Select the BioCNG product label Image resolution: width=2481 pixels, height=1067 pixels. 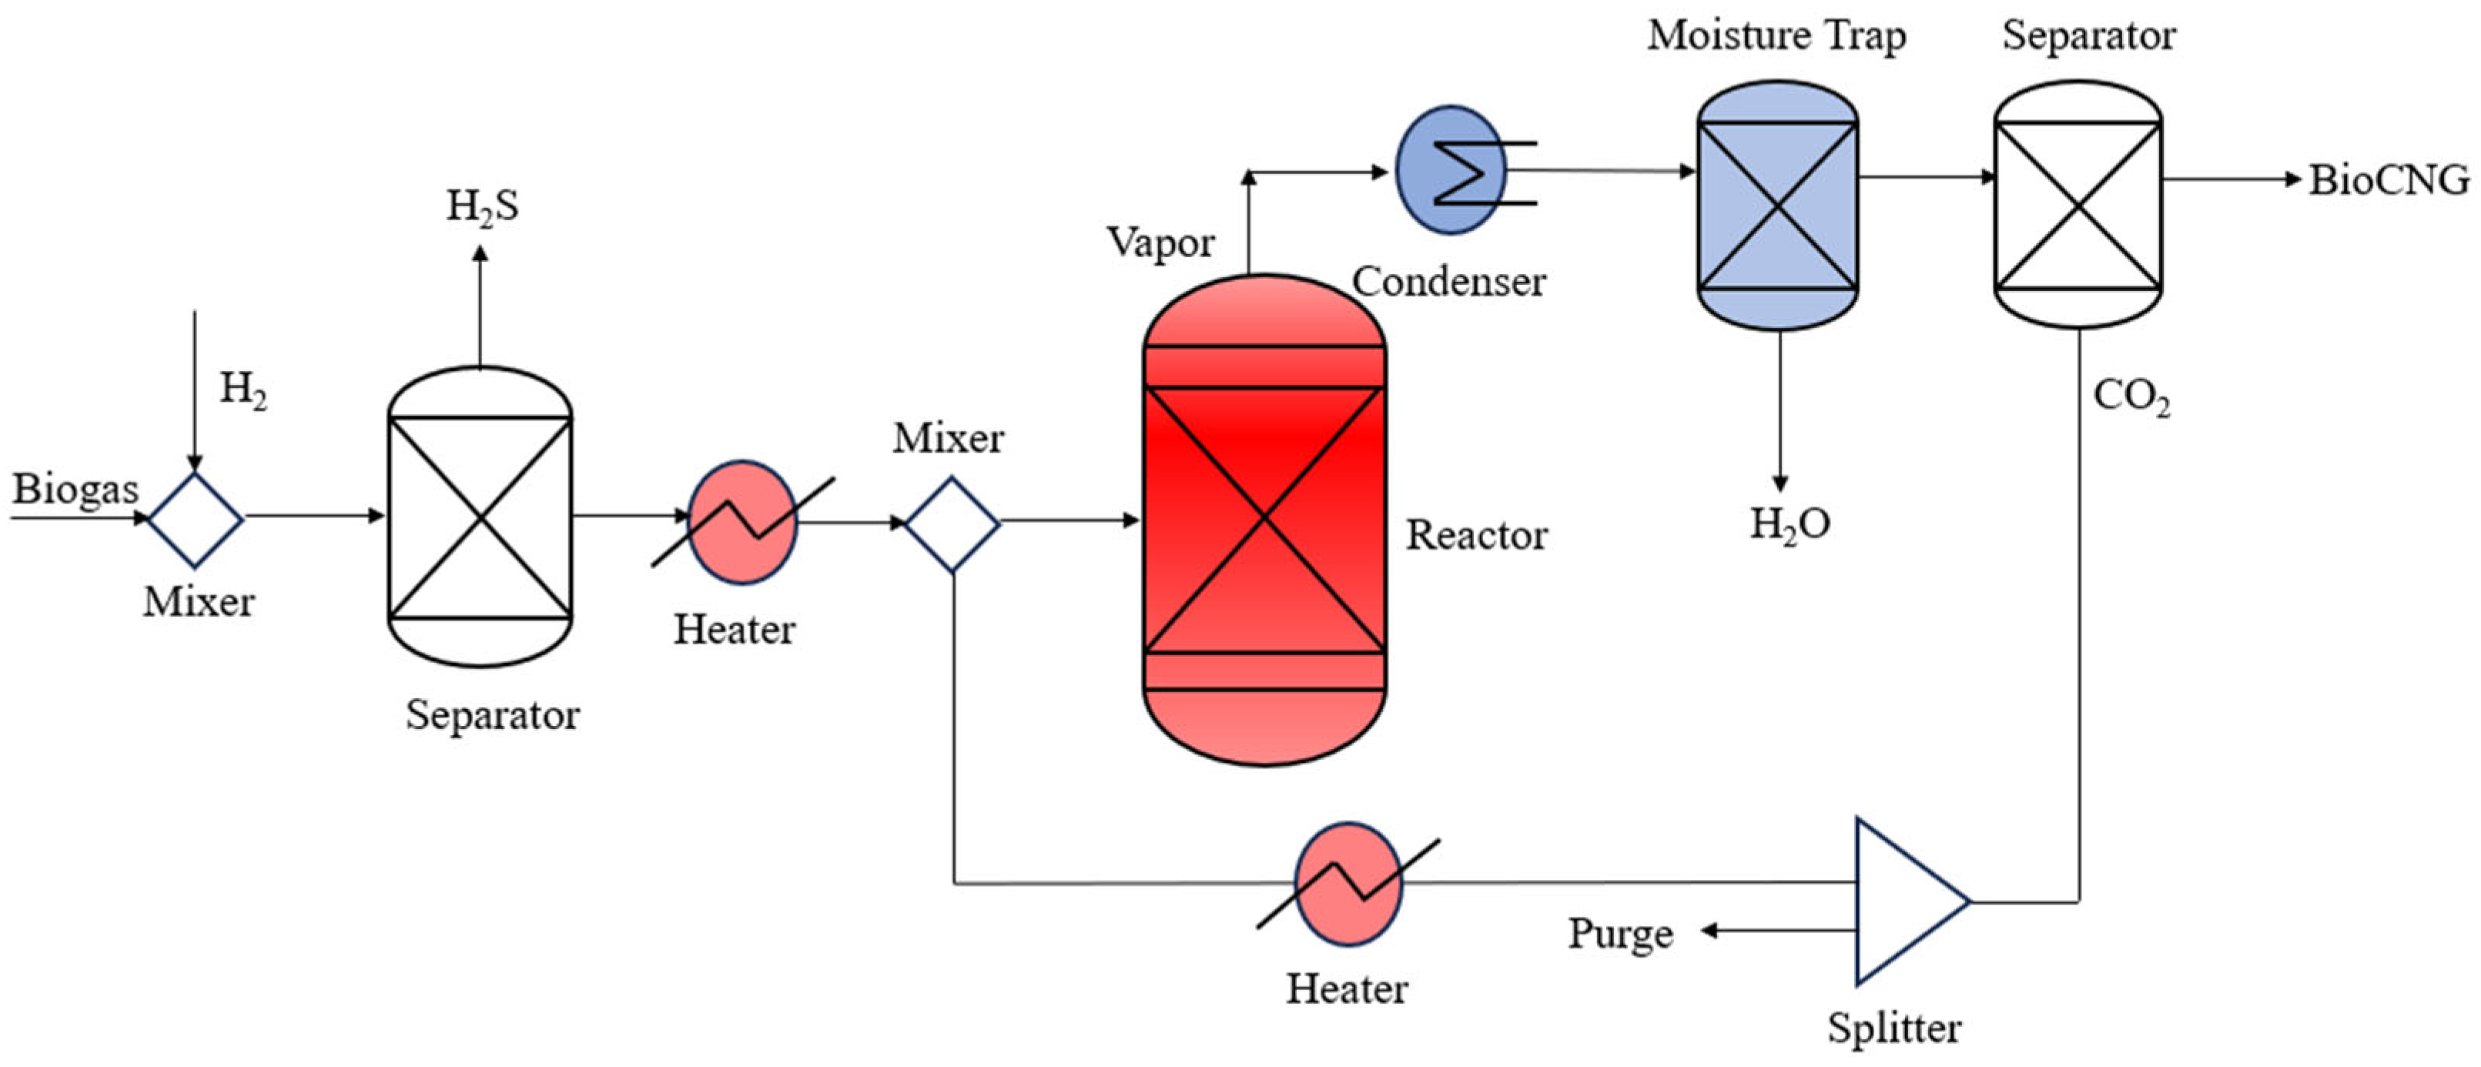point(2389,180)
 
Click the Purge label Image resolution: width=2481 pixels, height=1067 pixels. point(1620,933)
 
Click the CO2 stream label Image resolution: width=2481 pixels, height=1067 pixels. point(2131,396)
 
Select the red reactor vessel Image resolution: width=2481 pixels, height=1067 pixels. point(1264,520)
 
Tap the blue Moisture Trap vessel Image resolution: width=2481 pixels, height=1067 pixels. point(1777,204)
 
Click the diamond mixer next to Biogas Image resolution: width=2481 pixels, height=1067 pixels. point(196,519)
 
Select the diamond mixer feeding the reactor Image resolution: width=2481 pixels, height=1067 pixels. point(953,523)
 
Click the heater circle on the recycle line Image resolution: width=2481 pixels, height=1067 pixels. point(1348,883)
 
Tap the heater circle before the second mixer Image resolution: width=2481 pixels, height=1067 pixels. point(742,522)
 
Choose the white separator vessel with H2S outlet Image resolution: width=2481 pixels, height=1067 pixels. point(480,517)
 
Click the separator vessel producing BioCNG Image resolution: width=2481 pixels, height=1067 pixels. point(2078,204)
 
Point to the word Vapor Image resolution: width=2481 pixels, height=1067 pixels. point(1160,242)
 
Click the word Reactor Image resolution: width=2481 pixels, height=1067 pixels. point(1475,536)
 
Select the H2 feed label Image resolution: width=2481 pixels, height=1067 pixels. point(243,389)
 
